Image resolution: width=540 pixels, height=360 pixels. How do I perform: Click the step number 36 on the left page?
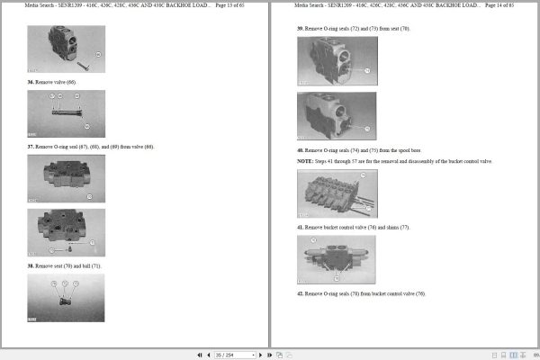[31, 82]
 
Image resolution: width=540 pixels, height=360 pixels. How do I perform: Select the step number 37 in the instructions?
[31, 147]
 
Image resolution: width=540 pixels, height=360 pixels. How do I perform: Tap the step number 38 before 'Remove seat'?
[31, 265]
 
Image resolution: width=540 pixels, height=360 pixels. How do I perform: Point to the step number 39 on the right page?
[301, 28]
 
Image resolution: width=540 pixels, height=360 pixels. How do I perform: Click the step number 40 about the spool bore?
[301, 149]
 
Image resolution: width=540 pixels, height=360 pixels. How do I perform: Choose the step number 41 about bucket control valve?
[301, 227]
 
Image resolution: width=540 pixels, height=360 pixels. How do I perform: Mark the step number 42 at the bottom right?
[301, 293]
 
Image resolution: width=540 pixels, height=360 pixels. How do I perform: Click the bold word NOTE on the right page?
[304, 161]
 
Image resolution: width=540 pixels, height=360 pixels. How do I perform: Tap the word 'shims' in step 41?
[400, 227]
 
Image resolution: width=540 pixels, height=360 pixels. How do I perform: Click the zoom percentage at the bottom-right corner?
[534, 355]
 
